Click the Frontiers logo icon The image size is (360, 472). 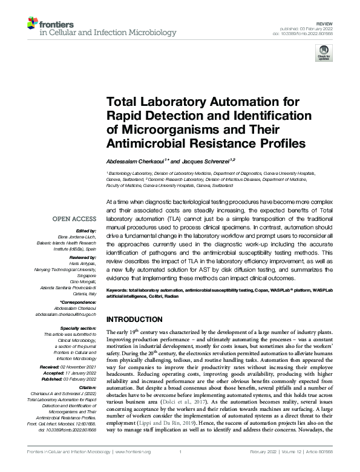pos(33,24)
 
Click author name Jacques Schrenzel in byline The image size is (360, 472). pos(203,162)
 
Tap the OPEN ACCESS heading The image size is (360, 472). pos(74,219)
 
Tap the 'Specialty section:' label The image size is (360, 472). pos(77,328)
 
